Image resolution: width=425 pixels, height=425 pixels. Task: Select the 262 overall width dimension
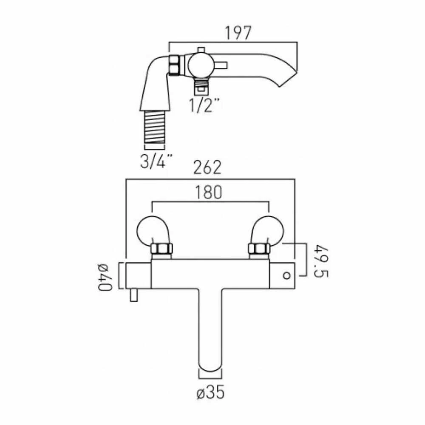[208, 167]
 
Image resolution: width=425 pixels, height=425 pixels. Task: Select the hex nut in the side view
[174, 65]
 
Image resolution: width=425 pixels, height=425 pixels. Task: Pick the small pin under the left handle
[134, 296]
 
